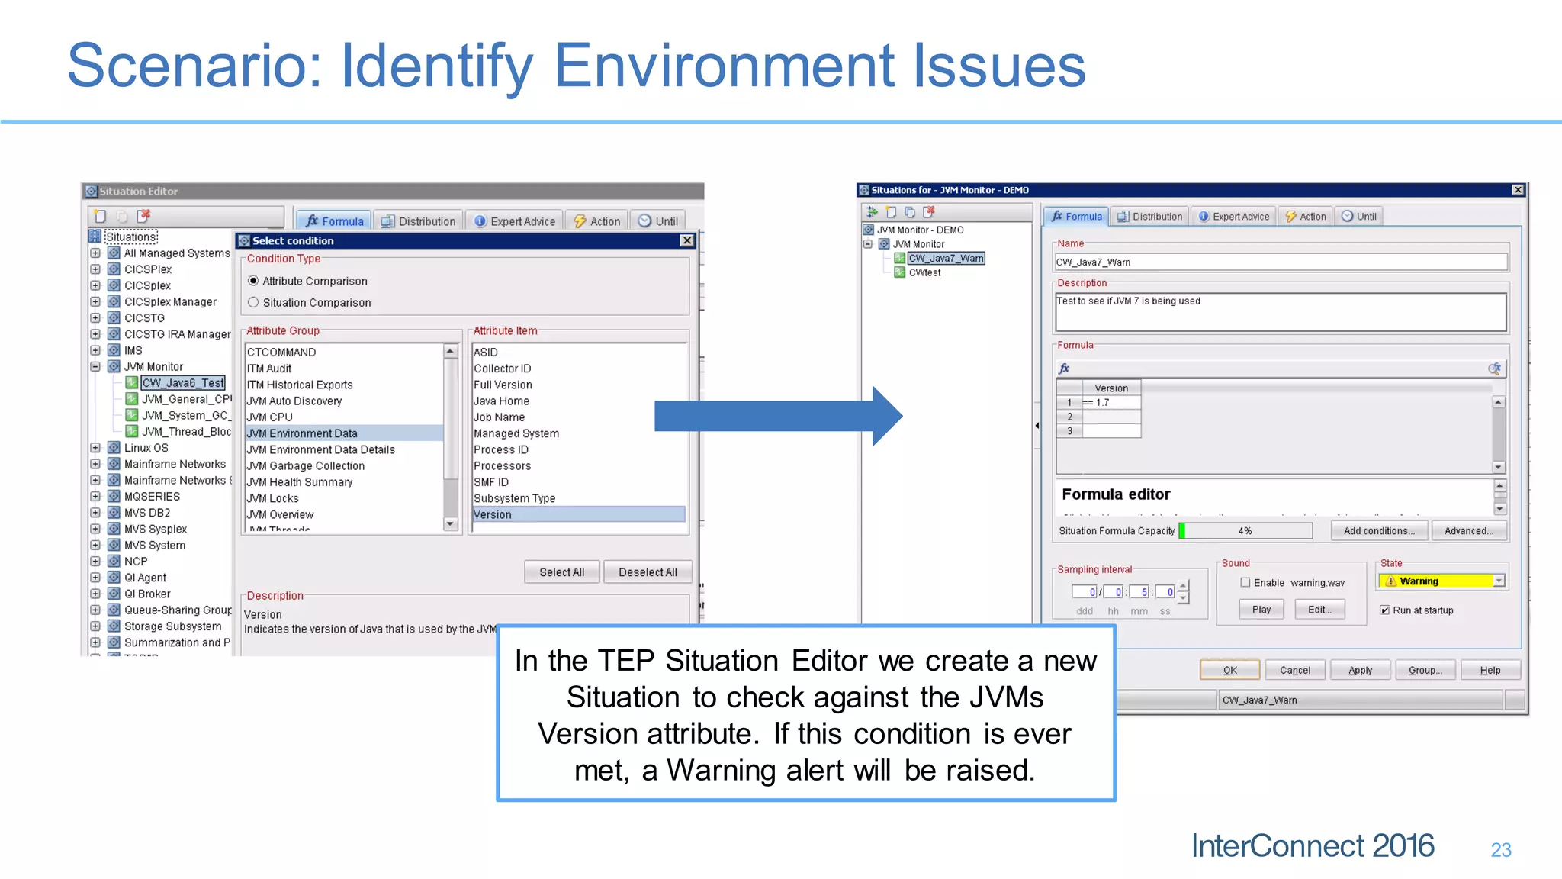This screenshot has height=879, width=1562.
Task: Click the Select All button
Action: (561, 572)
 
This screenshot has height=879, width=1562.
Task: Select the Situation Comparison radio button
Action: (253, 303)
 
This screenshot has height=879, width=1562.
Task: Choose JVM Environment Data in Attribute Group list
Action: (302, 433)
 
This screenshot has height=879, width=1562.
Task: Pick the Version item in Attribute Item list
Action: (493, 515)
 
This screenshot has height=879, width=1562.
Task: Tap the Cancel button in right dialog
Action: (1294, 671)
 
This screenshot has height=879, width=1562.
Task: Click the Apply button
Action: (1360, 671)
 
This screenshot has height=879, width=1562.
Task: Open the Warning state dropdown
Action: (1499, 581)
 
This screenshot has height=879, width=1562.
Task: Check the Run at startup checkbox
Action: (1385, 610)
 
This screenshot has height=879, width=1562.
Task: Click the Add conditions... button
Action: (1379, 531)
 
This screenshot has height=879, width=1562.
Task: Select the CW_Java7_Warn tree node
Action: (946, 259)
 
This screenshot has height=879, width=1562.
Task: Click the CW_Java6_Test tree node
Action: (183, 383)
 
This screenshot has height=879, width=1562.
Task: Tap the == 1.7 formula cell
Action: (1110, 403)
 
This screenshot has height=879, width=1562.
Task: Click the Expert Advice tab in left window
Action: (515, 221)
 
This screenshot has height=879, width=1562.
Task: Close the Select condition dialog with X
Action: (687, 240)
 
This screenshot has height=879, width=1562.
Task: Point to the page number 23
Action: (1500, 850)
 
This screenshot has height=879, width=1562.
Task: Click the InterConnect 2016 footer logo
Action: (1312, 846)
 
